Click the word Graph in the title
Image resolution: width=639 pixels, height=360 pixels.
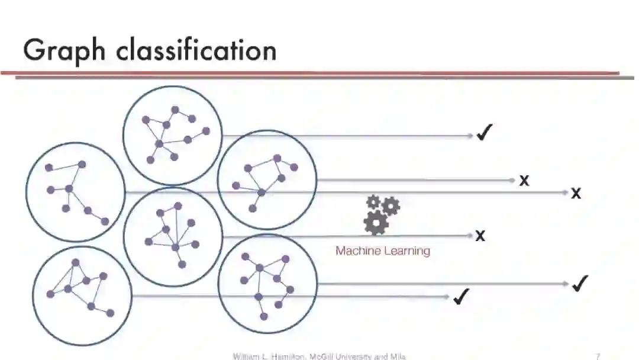[64, 51]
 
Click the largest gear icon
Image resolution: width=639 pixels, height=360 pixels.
[376, 223]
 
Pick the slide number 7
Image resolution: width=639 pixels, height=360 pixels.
[598, 356]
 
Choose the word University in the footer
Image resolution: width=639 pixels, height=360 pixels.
[356, 356]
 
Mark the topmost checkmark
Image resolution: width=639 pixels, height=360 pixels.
[485, 134]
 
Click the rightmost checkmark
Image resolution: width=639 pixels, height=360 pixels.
[580, 284]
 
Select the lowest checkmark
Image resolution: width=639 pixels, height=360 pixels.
[461, 297]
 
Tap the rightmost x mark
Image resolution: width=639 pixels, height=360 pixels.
[576, 193]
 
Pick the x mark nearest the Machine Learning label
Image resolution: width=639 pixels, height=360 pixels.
[480, 236]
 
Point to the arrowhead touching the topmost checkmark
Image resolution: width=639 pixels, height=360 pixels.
[470, 136]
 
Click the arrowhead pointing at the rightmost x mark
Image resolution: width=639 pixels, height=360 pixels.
[564, 192]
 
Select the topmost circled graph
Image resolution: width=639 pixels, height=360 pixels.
[172, 135]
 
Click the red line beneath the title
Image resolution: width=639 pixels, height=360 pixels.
[308, 73]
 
